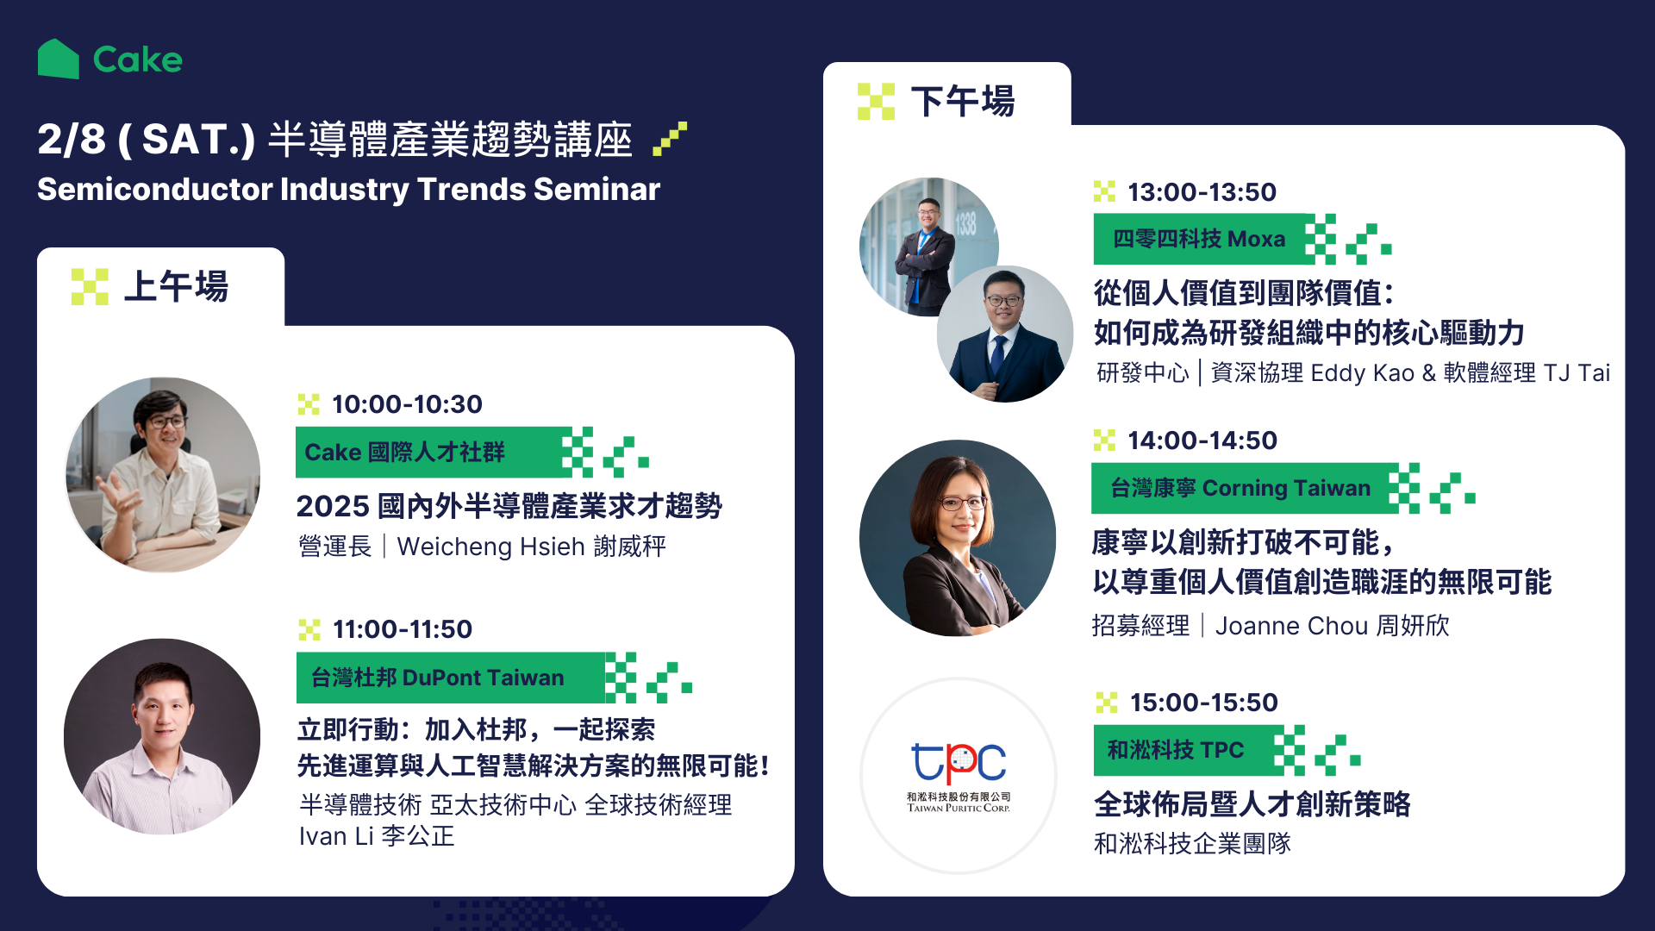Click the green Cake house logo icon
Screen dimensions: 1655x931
(59, 59)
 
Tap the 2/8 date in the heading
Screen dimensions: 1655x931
(72, 139)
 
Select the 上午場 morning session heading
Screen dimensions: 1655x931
(176, 286)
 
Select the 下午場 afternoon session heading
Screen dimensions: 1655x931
(963, 101)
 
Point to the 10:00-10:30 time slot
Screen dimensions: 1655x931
(407, 403)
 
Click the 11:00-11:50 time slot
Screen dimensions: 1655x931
(403, 629)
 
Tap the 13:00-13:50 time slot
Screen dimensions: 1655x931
(1202, 191)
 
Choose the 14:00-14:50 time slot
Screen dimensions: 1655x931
(1202, 440)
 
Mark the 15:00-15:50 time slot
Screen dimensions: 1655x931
(1204, 702)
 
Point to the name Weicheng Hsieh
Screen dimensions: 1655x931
(491, 547)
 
